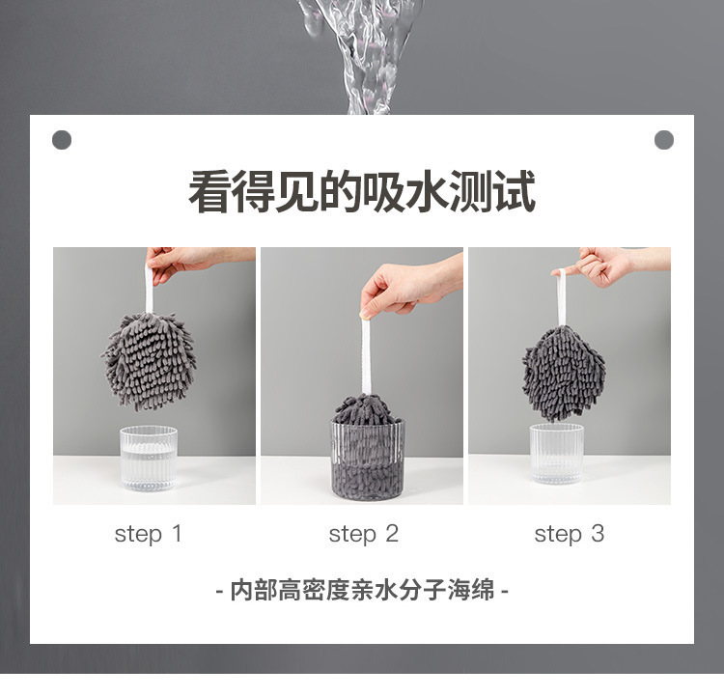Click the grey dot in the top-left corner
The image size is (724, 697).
coord(62,140)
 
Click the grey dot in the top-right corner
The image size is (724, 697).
coord(664,140)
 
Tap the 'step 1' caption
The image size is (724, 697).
coord(149,535)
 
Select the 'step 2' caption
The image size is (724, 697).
coord(363,535)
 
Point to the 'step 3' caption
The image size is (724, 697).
coord(570,535)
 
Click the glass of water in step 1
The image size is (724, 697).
coord(149,459)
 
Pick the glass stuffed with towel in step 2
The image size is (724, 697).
coord(368,460)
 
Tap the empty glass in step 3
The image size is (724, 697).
coord(557,454)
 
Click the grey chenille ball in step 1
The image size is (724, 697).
coord(149,362)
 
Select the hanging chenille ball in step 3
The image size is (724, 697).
coord(564,374)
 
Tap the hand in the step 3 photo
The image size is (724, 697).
coord(609,266)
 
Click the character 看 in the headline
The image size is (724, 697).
coord(209,191)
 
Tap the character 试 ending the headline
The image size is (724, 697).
coord(515,191)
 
